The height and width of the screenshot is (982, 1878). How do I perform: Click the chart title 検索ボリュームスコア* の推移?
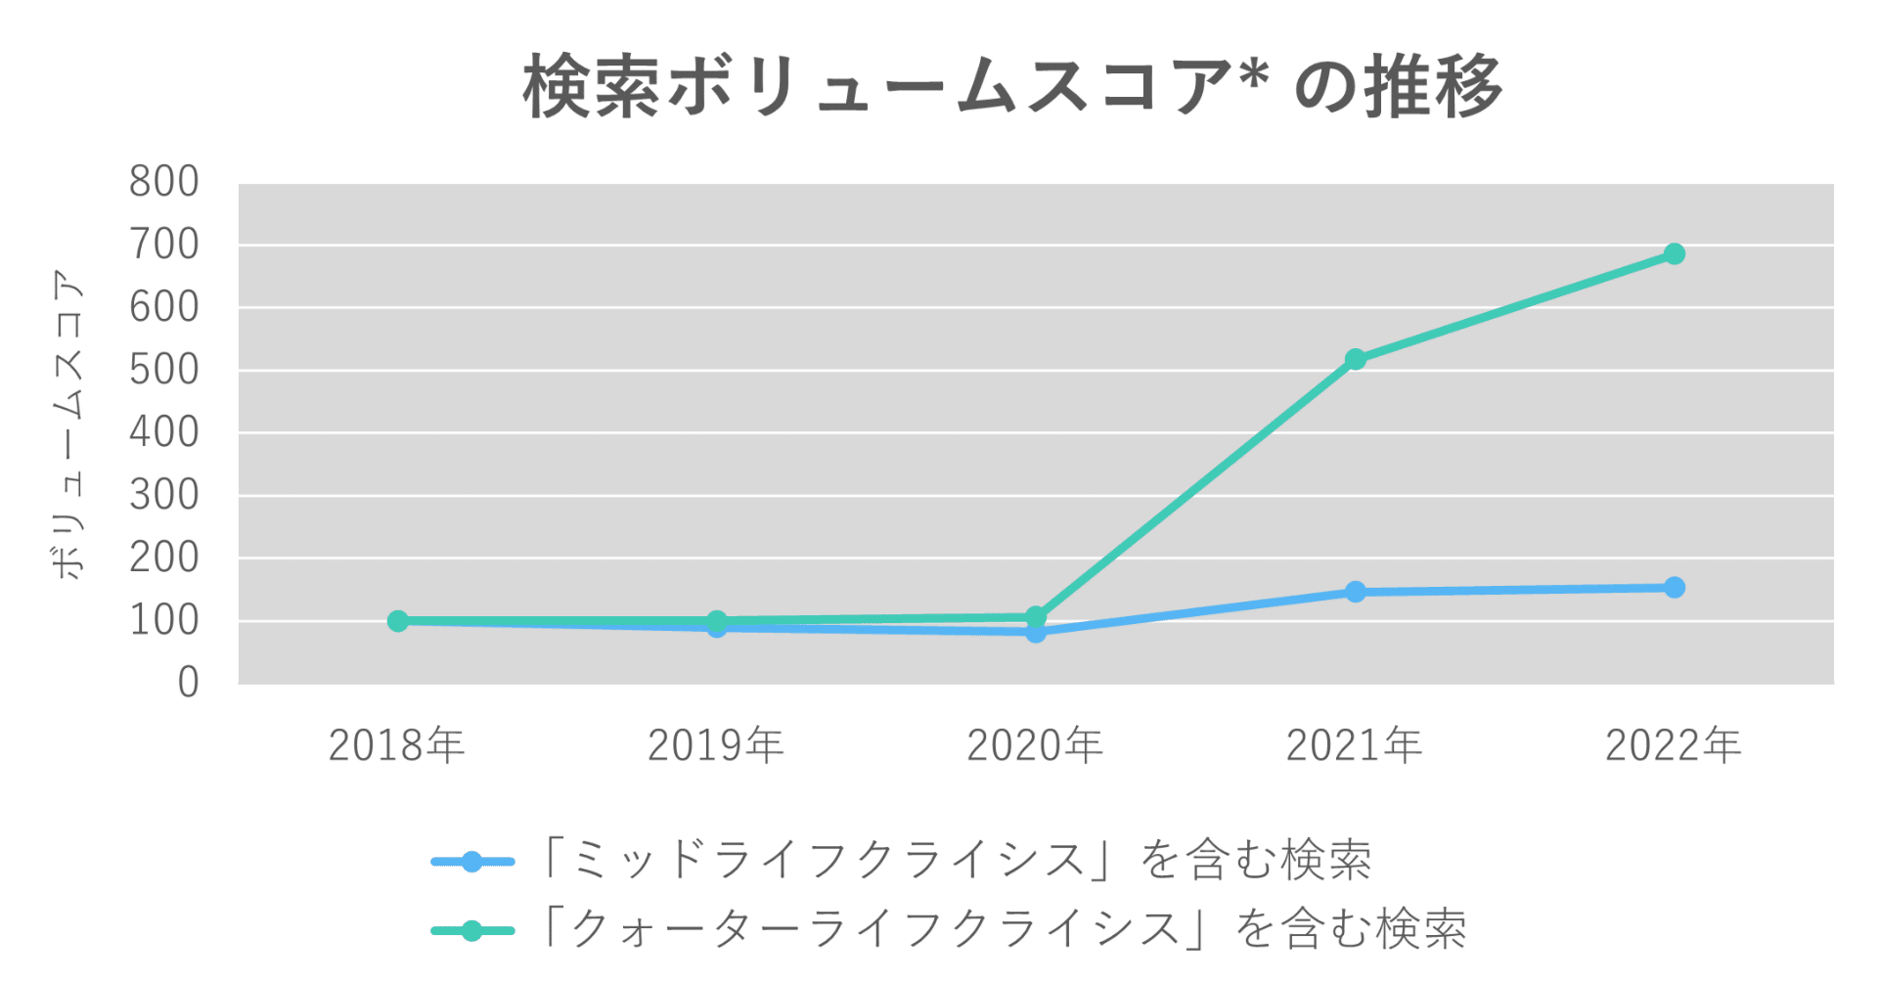pos(1012,87)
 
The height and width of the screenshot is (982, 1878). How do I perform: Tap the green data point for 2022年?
pos(1674,254)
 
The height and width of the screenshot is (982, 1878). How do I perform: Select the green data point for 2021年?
pos(1355,360)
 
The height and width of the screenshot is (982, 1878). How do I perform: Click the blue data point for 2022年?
pos(1674,588)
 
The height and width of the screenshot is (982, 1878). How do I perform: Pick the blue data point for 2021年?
pos(1355,592)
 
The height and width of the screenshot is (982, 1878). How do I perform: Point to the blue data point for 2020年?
pos(1036,633)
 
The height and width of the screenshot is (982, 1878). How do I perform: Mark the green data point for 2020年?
pos(1036,616)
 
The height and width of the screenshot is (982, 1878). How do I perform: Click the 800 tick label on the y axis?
pos(164,182)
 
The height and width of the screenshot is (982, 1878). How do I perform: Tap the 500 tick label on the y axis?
pos(164,371)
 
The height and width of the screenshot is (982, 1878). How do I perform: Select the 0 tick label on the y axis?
pos(188,683)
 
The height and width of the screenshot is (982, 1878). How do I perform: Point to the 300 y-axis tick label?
pos(164,496)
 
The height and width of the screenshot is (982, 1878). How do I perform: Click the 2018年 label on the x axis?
pos(396,746)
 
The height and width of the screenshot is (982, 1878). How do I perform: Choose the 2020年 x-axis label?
pos(1035,746)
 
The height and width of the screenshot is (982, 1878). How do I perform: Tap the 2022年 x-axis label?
pos(1674,746)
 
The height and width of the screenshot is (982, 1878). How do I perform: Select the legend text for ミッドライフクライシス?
pos(957,861)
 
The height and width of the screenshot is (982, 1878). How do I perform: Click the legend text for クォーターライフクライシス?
pos(1005,929)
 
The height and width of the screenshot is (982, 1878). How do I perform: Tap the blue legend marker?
pos(472,862)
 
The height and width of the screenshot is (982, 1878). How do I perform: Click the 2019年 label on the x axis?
pos(716,746)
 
